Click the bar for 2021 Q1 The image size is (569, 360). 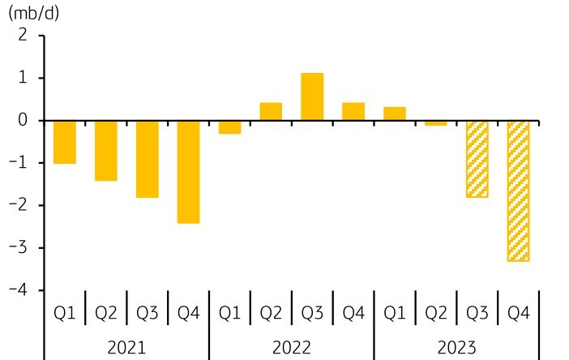pyautogui.click(x=65, y=142)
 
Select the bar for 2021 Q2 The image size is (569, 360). pyautogui.click(x=106, y=150)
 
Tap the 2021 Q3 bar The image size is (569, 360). pyautogui.click(x=148, y=159)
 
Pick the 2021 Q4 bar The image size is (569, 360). pyautogui.click(x=189, y=171)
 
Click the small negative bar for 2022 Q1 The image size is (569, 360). pyautogui.click(x=230, y=127)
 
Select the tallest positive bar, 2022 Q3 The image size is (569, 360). pyautogui.click(x=312, y=97)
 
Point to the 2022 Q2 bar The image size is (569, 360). pyautogui.click(x=271, y=112)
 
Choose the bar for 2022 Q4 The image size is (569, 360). pyautogui.click(x=353, y=112)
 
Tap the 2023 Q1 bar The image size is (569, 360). pyautogui.click(x=395, y=114)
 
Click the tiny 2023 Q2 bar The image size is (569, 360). pyautogui.click(x=436, y=123)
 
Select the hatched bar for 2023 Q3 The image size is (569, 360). pyautogui.click(x=477, y=159)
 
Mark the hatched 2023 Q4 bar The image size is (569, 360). pyautogui.click(x=519, y=191)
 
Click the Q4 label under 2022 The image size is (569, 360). pyautogui.click(x=353, y=312)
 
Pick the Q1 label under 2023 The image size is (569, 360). pyautogui.click(x=395, y=312)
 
